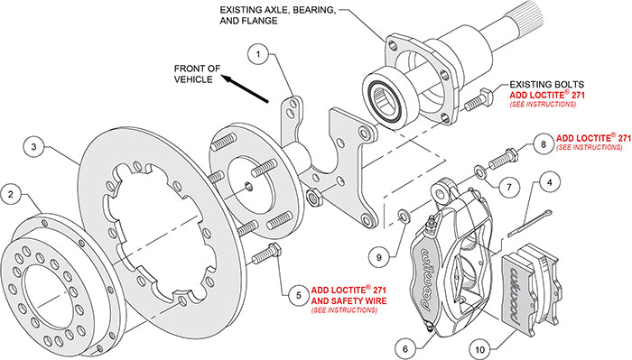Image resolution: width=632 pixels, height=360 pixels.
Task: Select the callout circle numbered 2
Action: click(x=11, y=193)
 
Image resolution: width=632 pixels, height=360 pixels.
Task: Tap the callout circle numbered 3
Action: click(x=33, y=144)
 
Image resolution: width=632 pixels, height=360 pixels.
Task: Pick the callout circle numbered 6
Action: click(x=407, y=346)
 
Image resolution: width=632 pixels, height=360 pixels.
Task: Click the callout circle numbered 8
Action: click(x=543, y=144)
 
